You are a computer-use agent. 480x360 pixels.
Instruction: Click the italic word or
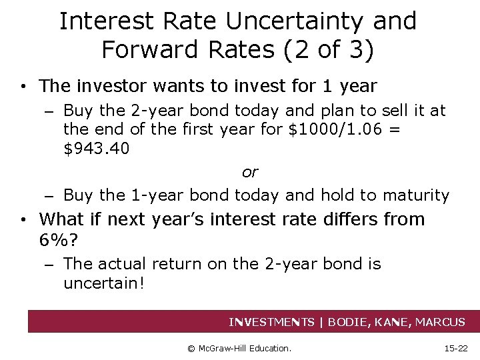coord(249,172)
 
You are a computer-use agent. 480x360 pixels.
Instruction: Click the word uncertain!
coord(103,283)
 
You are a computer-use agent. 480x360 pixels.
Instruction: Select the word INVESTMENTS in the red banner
coord(271,322)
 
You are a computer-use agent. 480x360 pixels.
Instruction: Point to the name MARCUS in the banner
coord(440,322)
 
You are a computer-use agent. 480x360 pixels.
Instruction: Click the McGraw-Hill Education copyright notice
coord(239,347)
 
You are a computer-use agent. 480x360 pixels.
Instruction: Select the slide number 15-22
coord(456,347)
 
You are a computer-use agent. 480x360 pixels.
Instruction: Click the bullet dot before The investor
coord(23,87)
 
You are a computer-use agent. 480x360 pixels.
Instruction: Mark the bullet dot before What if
coord(23,220)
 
